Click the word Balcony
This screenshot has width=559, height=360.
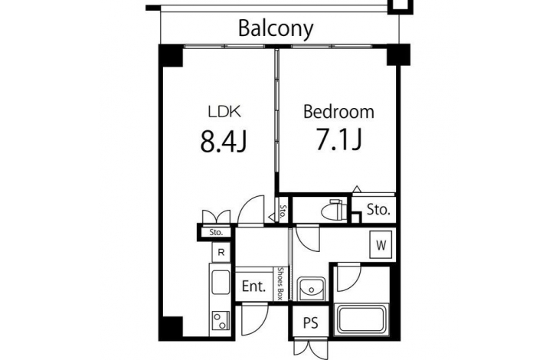(x=276, y=28)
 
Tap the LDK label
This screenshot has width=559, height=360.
(x=224, y=112)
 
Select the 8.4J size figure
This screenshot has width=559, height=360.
(x=223, y=141)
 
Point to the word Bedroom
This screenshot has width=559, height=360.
(x=338, y=112)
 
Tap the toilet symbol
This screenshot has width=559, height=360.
(x=333, y=211)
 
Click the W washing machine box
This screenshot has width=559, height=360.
(x=381, y=244)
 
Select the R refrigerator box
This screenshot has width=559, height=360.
(x=221, y=252)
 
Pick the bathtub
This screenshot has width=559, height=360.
(x=361, y=319)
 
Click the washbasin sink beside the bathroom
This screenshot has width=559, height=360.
(x=311, y=288)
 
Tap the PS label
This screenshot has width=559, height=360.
(x=311, y=323)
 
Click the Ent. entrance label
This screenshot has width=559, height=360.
(x=253, y=286)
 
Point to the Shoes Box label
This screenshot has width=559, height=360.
(x=282, y=283)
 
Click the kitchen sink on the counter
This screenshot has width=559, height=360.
(x=221, y=282)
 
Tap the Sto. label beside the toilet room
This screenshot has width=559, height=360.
(x=378, y=210)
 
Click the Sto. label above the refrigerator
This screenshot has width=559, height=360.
(x=216, y=232)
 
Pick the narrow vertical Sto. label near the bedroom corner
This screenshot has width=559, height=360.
(x=283, y=211)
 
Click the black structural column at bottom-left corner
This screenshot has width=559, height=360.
(x=172, y=326)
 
